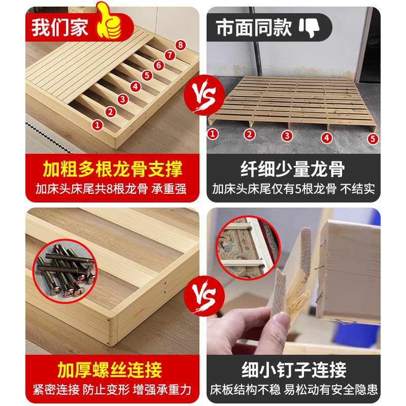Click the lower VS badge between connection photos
pos(202,293)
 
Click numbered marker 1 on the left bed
pos(97,124)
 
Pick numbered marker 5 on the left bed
pos(147,76)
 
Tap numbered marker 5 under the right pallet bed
pos(374,138)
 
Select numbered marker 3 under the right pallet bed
pos(287,136)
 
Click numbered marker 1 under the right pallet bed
pos(213,133)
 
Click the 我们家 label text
pos(60,27)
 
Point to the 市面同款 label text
pos(254,27)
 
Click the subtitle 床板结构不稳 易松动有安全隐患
pos(294,390)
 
